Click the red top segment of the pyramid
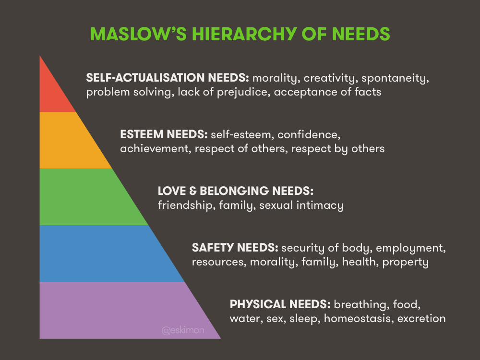[52, 92]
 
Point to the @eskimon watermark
[183, 330]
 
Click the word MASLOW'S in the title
[138, 34]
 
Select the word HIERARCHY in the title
[244, 34]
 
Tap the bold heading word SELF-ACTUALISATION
[145, 77]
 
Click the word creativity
[331, 78]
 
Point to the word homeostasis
[359, 319]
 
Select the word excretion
[421, 319]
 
